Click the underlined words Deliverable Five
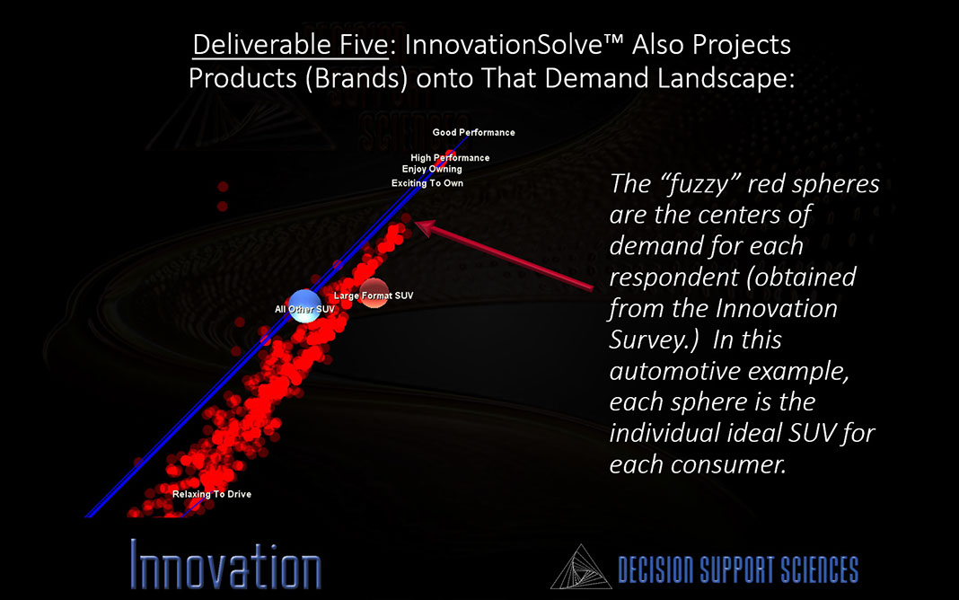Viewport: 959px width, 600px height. point(291,45)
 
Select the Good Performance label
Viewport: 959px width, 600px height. point(473,132)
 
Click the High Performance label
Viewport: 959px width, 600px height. point(450,158)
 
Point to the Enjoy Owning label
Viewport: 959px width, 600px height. point(432,170)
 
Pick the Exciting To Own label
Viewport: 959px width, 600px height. point(427,183)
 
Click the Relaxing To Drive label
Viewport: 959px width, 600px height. point(212,494)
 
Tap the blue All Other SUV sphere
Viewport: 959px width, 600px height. point(304,306)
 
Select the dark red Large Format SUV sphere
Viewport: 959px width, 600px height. point(374,293)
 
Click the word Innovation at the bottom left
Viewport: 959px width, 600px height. point(225,565)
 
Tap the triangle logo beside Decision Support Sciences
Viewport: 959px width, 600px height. point(581,567)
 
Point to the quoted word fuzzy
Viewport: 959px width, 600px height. point(700,184)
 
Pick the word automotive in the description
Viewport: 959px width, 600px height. point(673,371)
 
